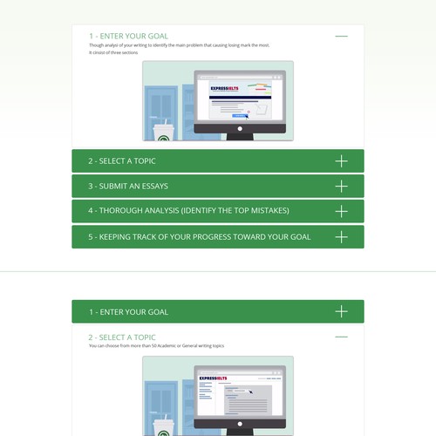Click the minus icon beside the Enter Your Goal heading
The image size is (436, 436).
pyautogui.click(x=341, y=37)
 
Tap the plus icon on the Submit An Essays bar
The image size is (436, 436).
pyautogui.click(x=341, y=187)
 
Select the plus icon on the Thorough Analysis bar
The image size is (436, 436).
pyautogui.click(x=341, y=211)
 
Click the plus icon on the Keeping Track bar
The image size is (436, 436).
pyautogui.click(x=341, y=236)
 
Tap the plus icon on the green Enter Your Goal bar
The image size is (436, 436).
pyautogui.click(x=341, y=311)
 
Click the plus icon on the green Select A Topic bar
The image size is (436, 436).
pyautogui.click(x=341, y=161)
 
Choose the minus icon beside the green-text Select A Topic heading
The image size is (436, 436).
pyautogui.click(x=341, y=337)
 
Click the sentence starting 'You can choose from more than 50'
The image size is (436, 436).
pyautogui.click(x=156, y=346)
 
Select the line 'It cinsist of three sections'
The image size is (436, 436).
pyautogui.click(x=114, y=52)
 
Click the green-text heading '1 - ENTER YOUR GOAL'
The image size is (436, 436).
pyautogui.click(x=128, y=37)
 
